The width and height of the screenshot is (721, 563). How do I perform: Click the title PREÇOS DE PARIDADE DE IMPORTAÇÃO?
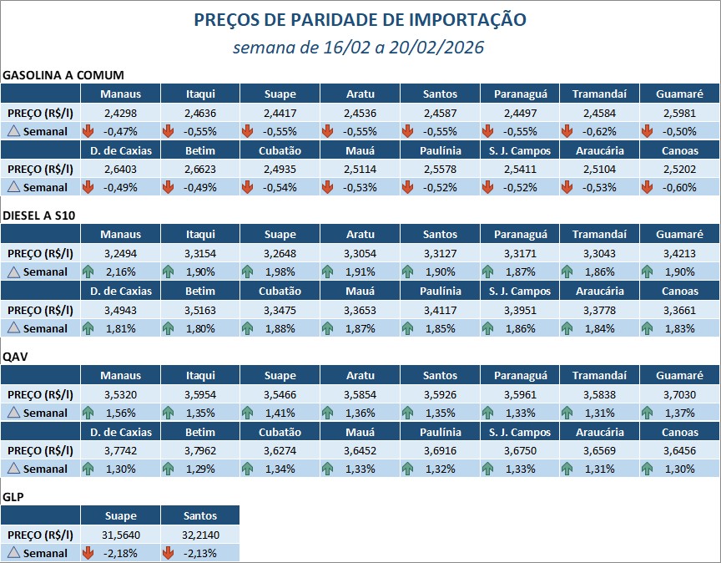pos(360,19)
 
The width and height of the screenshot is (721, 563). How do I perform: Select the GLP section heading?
pos(14,497)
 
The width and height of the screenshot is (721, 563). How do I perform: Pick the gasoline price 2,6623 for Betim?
pos(199,169)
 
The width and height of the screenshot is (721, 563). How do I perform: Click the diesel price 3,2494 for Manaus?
pos(120,252)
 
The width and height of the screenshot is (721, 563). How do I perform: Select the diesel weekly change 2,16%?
pos(120,271)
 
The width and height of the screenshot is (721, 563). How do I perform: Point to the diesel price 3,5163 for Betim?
pos(199,309)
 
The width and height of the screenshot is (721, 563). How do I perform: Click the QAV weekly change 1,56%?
pos(120,413)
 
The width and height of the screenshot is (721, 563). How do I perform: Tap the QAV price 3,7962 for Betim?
pos(199,450)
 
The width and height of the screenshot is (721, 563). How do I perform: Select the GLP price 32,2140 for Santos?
pos(199,534)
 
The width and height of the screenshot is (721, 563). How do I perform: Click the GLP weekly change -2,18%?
pos(120,553)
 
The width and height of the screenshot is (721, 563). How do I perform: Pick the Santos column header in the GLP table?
pos(199,515)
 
